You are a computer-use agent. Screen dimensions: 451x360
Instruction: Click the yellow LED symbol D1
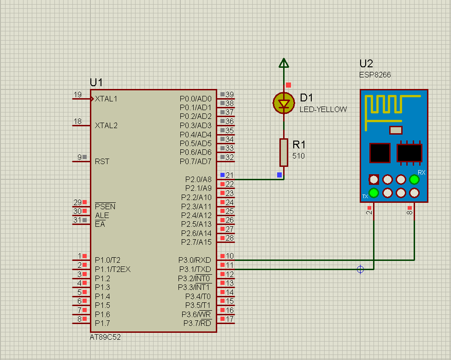284,103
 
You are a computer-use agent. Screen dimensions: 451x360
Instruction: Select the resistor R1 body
284,153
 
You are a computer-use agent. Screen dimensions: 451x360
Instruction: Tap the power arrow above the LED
284,63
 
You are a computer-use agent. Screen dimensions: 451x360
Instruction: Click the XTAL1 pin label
106,99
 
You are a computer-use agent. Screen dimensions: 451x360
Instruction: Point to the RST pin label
102,162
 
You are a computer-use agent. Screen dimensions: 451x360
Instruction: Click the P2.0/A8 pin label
198,179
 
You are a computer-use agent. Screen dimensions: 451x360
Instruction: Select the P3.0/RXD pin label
195,260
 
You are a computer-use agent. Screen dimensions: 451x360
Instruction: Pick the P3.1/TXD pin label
196,270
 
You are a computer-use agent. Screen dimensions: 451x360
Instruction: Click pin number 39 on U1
230,94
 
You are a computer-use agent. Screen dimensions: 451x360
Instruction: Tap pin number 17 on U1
230,319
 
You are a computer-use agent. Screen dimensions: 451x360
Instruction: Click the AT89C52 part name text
105,337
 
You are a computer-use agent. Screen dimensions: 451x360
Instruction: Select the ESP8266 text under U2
375,75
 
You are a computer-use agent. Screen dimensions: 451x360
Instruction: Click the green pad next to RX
414,179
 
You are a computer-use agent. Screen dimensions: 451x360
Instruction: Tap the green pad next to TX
374,193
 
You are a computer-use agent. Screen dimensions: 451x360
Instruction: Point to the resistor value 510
298,156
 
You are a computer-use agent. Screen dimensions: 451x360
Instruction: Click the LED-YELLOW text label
323,110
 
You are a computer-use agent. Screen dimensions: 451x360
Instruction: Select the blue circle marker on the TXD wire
361,270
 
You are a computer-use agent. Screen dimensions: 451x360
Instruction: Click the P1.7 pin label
102,323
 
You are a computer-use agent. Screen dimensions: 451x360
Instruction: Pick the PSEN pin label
105,207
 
